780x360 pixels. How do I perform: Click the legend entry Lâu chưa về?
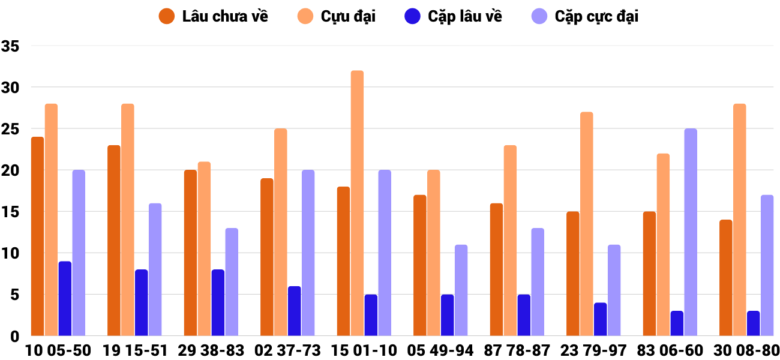pos(213,16)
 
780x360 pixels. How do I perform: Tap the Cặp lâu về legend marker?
pos(413,16)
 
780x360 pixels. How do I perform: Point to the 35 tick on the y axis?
pos(11,46)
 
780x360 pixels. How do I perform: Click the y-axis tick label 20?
pos(11,170)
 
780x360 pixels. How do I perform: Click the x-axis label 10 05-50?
pos(58,350)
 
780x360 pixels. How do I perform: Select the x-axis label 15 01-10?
pos(364,350)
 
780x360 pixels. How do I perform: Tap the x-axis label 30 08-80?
pos(746,350)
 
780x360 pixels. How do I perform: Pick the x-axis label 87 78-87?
pos(517,350)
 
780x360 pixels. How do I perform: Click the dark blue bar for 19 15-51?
pos(141,302)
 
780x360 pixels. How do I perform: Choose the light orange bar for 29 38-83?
pos(204,248)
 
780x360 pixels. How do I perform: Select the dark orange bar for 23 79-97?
pos(573,273)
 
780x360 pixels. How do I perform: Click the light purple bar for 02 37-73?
pos(308,253)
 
